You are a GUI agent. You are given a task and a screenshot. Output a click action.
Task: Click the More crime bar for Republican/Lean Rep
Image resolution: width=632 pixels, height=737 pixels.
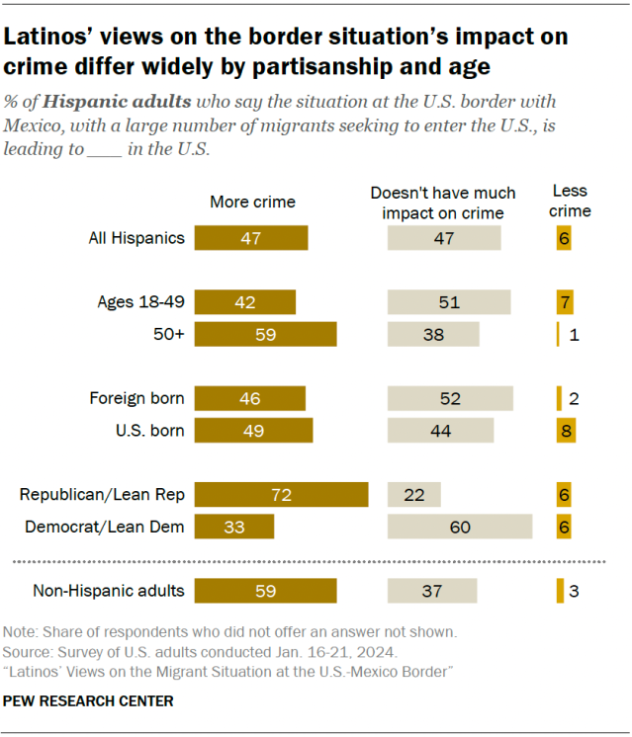coord(281,495)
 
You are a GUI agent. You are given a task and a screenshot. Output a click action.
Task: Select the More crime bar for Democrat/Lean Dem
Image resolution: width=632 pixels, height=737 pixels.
coord(233,528)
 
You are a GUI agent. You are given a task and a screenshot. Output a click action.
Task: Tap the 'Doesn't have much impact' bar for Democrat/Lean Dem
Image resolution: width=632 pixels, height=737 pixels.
coord(460,528)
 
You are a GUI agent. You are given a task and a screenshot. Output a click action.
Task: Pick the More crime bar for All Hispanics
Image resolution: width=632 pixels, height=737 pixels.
coord(251,238)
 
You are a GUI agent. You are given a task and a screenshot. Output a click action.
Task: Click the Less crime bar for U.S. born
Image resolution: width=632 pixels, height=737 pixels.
coord(565,431)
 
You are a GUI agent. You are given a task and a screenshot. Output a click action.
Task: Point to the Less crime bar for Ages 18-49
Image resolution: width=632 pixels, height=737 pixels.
coord(565,302)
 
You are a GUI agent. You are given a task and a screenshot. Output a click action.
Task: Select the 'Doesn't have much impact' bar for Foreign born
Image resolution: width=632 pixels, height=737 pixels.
coord(450,398)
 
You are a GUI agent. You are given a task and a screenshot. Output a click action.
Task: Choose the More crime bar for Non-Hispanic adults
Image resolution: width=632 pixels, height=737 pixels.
coord(265,592)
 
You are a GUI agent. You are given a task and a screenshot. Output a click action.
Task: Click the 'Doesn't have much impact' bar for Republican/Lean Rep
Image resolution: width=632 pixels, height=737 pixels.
coord(413,495)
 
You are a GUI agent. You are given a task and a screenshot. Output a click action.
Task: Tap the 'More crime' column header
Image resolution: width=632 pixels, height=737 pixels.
coord(252,202)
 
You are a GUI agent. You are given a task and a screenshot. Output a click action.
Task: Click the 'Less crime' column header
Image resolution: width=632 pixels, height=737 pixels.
coord(571,201)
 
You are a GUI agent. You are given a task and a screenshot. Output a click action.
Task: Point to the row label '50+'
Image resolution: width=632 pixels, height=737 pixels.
coord(168,335)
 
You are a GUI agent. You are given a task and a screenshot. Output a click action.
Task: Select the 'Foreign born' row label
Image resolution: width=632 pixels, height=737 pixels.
coord(136,398)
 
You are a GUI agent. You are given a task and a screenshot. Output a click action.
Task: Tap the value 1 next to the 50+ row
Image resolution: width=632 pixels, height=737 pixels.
coord(574,335)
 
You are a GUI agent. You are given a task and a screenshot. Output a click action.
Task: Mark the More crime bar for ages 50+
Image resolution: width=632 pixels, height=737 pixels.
coord(265,335)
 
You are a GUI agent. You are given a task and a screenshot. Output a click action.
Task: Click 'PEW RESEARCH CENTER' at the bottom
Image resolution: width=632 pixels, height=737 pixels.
coord(88,701)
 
